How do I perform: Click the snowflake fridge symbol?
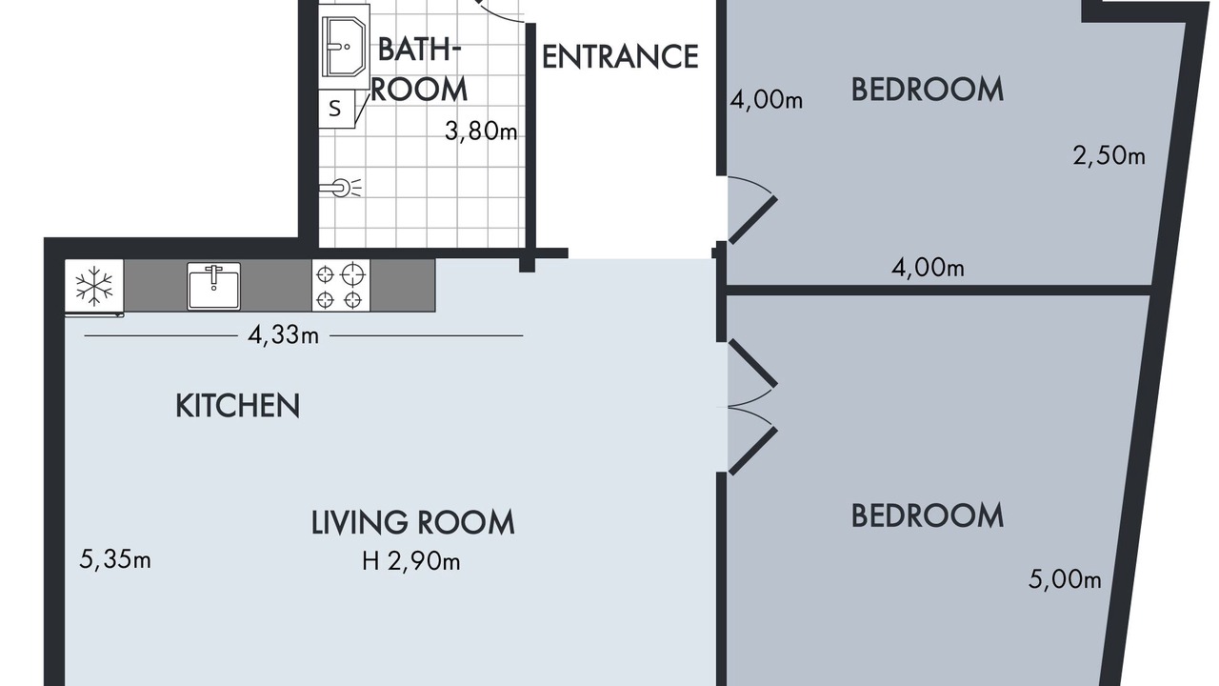point(94,286)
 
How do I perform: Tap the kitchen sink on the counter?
point(214,287)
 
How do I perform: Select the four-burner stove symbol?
point(341,285)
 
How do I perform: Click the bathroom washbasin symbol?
point(344,47)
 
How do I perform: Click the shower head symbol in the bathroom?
point(341,188)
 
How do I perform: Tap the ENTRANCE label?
point(620,56)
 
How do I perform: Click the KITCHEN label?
point(237,406)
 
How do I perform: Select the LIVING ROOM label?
point(413,522)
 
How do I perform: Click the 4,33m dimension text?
point(283,335)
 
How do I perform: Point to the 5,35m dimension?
point(115,559)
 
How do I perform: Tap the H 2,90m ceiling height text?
point(411,561)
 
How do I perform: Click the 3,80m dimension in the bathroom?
point(481,131)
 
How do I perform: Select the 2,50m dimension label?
point(1109,155)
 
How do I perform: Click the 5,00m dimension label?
point(1065,579)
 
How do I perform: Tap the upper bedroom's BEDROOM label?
point(928,90)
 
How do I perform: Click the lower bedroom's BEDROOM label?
point(928,515)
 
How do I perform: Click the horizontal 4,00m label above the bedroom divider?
point(928,268)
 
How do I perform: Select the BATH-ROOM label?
point(419,70)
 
